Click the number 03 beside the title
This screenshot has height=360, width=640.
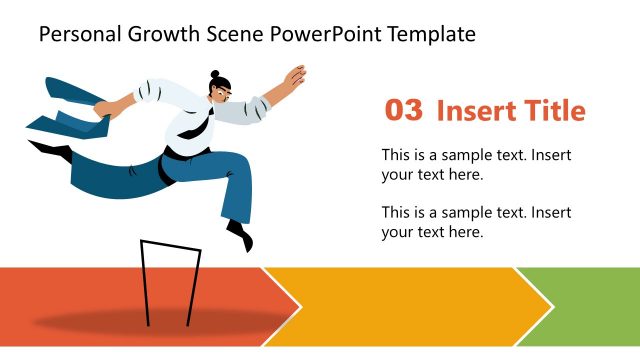pos(403,111)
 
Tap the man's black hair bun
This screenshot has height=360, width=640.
pos(214,75)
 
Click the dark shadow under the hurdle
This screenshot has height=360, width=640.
pos(160,323)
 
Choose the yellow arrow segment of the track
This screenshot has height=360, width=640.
pos(400,306)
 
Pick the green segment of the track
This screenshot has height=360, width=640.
pos(595,306)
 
